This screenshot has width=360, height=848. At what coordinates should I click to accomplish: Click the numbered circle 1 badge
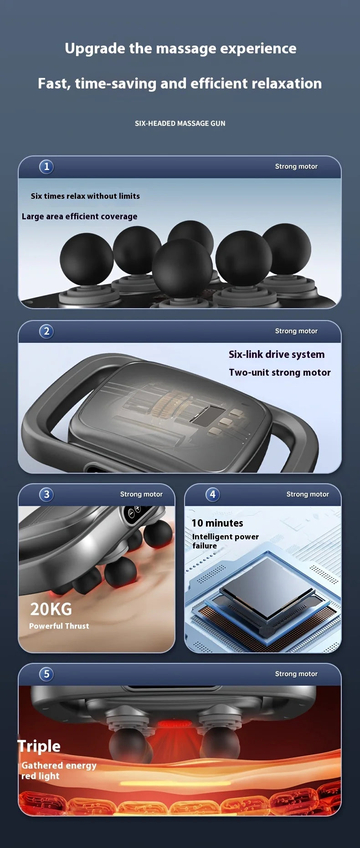click(x=46, y=166)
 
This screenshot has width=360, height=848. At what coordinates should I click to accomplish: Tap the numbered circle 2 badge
click(x=46, y=331)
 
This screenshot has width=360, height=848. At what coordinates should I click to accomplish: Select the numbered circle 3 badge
click(x=46, y=494)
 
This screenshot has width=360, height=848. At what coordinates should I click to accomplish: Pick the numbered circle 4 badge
click(x=213, y=494)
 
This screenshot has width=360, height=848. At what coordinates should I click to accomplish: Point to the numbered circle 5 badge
click(x=46, y=674)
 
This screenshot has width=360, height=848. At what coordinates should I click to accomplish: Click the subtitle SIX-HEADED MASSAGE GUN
click(x=180, y=123)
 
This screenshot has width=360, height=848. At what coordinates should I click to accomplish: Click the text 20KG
click(x=51, y=609)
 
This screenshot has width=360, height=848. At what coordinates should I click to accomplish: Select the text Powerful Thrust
click(x=59, y=626)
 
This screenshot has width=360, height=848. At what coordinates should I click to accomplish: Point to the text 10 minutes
click(x=217, y=523)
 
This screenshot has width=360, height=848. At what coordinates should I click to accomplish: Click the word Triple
click(x=39, y=746)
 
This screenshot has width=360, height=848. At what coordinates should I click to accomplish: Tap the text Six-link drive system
click(x=277, y=354)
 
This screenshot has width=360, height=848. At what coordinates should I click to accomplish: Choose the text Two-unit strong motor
click(x=280, y=372)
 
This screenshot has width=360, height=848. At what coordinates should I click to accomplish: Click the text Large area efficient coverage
click(x=79, y=216)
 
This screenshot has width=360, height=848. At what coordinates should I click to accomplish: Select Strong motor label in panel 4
click(x=308, y=494)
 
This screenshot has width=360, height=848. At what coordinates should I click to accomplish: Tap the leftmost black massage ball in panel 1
click(x=87, y=259)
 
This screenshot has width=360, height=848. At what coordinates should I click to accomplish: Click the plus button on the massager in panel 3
click(x=137, y=508)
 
